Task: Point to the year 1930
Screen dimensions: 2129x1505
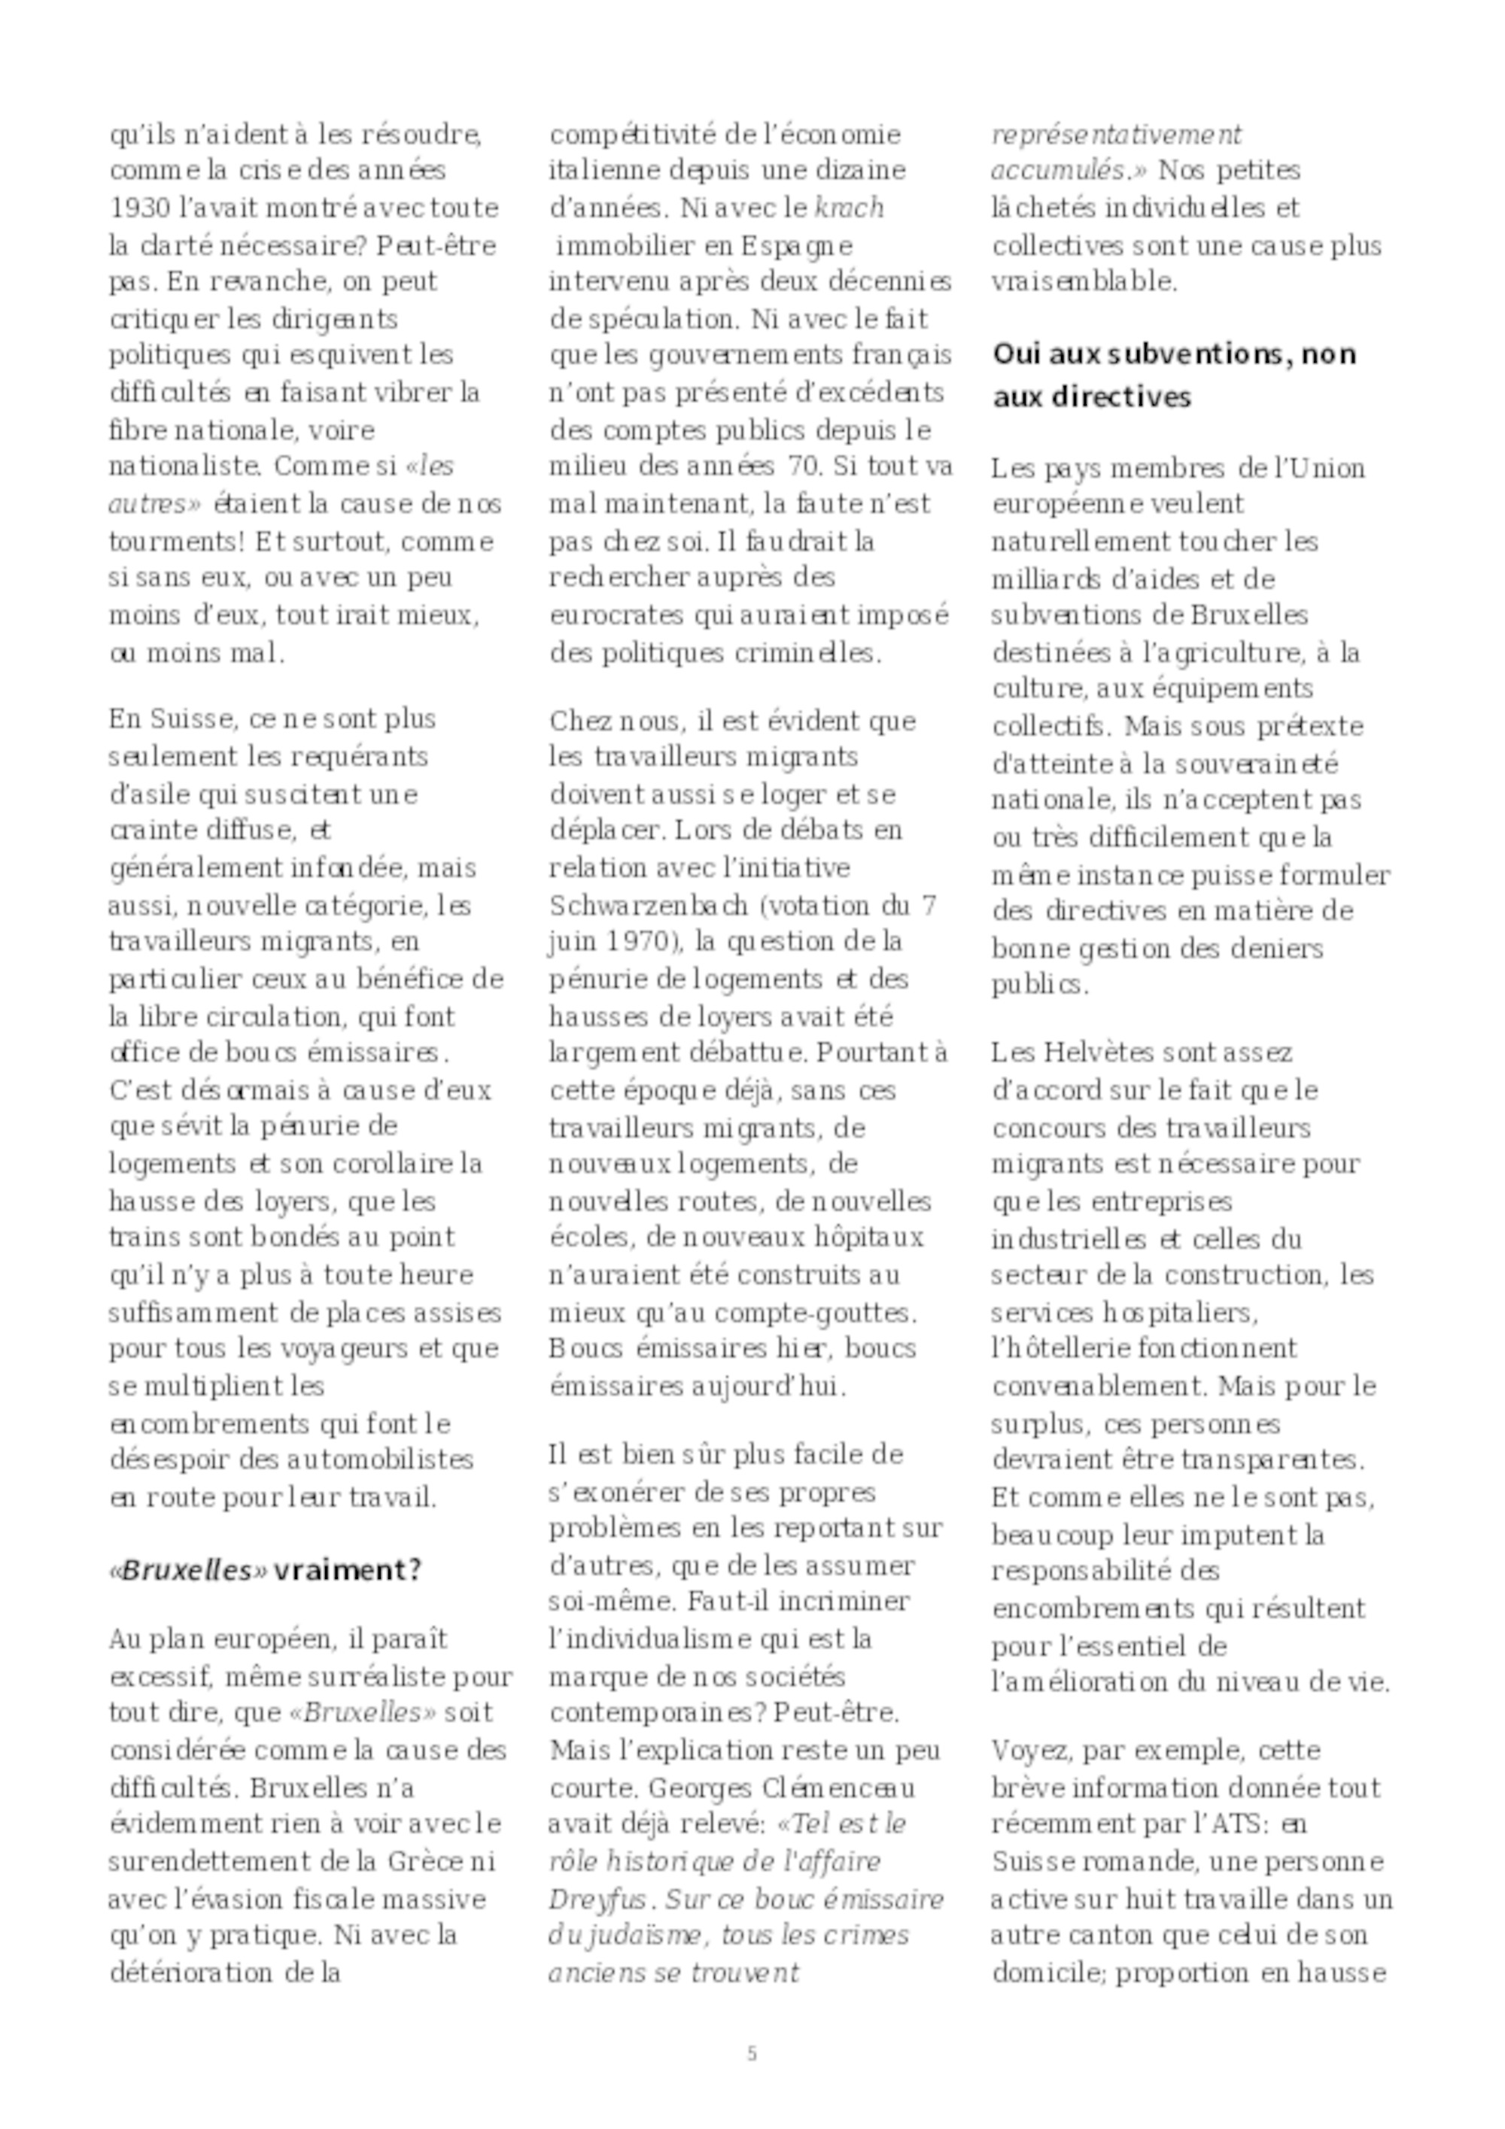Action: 135,208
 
